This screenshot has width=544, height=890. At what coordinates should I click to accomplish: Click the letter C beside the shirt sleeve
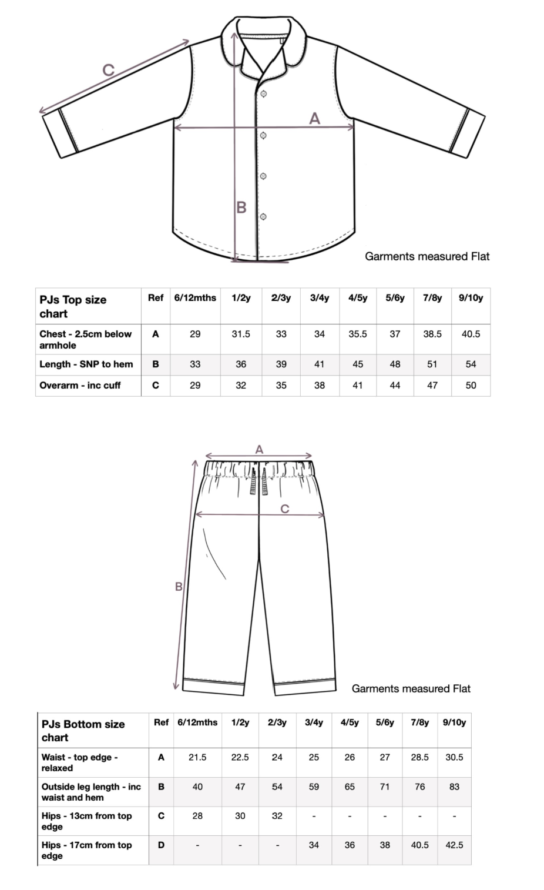[109, 70]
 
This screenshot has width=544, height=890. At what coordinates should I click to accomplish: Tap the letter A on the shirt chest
[315, 119]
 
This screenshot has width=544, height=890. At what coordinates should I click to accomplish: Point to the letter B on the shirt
[241, 208]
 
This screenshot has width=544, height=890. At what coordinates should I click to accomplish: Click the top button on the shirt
[264, 95]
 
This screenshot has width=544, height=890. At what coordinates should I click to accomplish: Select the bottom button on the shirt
[264, 216]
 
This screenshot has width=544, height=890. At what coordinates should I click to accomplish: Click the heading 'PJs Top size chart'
[73, 306]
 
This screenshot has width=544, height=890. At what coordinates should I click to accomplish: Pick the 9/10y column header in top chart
[471, 298]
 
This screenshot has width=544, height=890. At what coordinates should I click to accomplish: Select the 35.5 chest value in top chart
[357, 334]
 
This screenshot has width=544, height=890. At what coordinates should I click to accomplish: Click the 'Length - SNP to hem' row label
[86, 364]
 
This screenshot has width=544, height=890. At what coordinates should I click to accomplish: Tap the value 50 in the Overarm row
[471, 386]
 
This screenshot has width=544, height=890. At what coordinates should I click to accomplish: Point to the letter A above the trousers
[259, 450]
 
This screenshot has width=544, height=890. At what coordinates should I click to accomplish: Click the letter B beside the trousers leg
[179, 587]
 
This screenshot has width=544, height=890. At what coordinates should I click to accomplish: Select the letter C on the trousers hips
[285, 508]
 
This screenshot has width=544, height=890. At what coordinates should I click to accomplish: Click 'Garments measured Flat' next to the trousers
[411, 688]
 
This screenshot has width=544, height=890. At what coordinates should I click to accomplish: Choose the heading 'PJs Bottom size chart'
[83, 731]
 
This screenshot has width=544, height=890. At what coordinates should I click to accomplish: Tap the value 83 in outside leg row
[454, 787]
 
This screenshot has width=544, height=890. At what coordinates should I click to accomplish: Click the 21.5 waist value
[197, 757]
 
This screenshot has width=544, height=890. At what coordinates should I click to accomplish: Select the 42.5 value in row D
[454, 845]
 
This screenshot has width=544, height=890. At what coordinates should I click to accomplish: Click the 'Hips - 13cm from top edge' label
[86, 821]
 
